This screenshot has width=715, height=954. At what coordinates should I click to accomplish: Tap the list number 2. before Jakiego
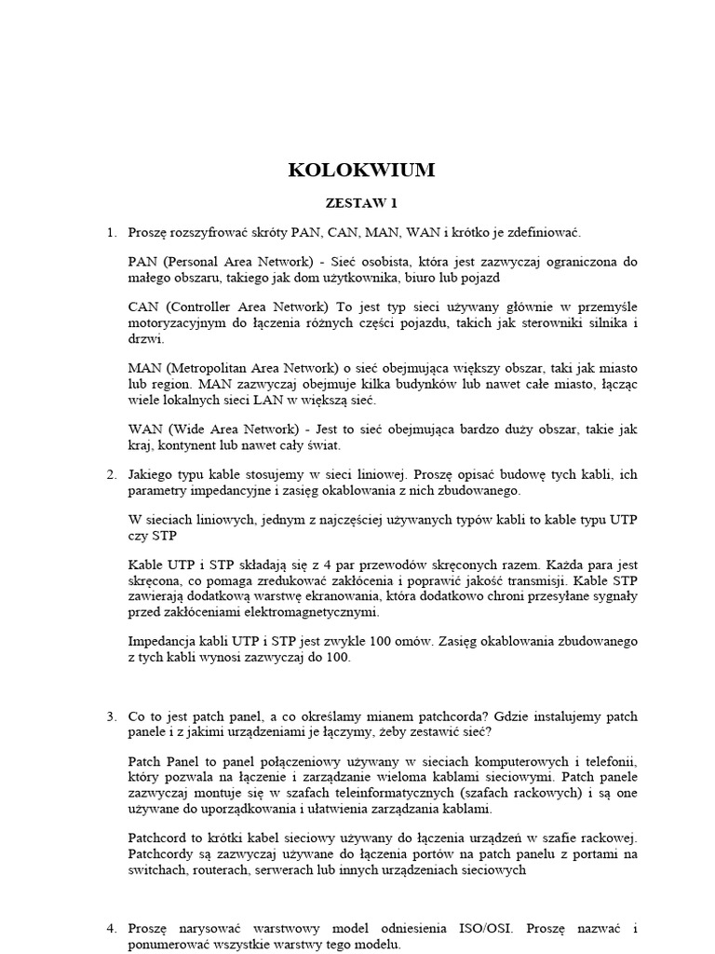[111, 474]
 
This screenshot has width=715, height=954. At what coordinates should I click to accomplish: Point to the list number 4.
[111, 928]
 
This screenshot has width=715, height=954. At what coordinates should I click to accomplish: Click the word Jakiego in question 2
[155, 474]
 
